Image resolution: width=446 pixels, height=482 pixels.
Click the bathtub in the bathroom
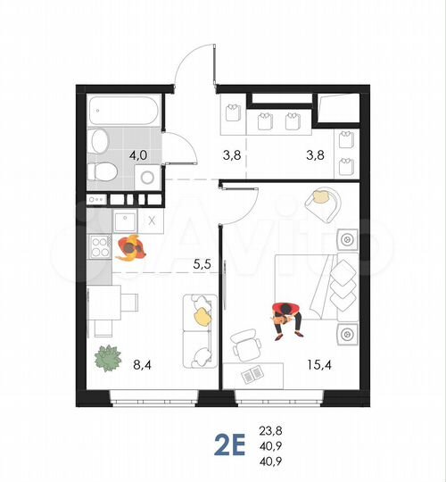125,112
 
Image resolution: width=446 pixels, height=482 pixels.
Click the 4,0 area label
137,154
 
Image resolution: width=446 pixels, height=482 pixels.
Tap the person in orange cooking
130,245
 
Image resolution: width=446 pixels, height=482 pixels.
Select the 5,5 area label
202,264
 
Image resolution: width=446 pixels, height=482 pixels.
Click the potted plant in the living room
109,358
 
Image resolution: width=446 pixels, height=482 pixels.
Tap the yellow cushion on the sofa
202,315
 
